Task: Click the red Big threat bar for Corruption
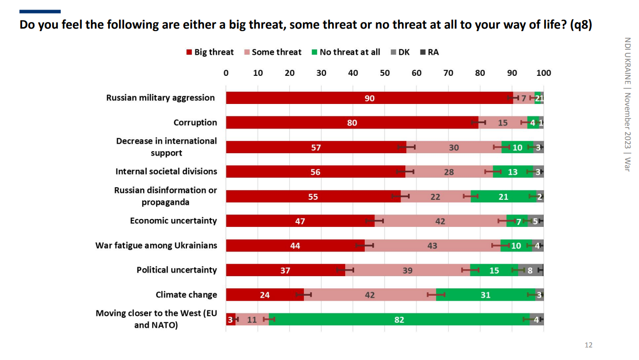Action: pos(352,123)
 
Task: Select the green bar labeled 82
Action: pos(399,319)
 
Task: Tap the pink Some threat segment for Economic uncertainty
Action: pos(440,221)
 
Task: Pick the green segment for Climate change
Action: pos(485,295)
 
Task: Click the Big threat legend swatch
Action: pos(189,52)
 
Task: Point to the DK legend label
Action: pos(404,52)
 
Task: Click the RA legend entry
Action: pos(433,52)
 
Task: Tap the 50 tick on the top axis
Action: pos(385,73)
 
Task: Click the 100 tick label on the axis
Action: pos(544,73)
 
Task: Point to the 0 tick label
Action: pos(226,73)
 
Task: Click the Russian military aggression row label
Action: pos(160,98)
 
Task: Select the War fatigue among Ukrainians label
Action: pos(156,246)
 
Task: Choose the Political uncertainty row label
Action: pos(177,270)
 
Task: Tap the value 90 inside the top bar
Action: pos(369,98)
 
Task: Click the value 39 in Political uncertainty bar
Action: pos(407,270)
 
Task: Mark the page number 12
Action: pos(589,345)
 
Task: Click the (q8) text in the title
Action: pos(581,25)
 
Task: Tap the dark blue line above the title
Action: pos(40,11)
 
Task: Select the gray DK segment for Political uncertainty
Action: pos(530,270)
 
